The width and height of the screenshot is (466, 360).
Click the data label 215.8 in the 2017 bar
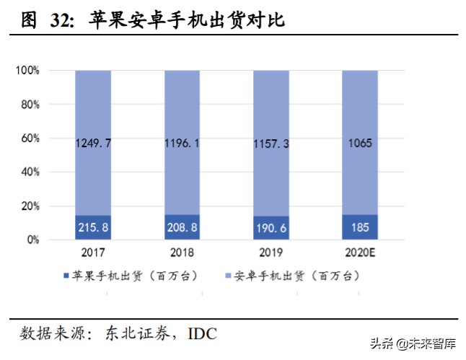click(x=94, y=228)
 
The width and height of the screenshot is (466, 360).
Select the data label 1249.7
click(x=94, y=144)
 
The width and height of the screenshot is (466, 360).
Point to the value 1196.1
click(x=183, y=144)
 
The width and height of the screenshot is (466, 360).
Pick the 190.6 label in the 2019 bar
click(x=271, y=228)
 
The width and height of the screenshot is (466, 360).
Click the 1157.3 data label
click(x=271, y=144)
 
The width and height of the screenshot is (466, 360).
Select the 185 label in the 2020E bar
click(x=359, y=228)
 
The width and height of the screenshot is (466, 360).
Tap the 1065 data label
click(x=359, y=144)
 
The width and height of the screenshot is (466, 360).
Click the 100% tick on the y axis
click(x=27, y=71)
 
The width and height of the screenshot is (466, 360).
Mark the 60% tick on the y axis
click(x=29, y=139)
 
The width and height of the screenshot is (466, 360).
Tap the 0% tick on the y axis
click(x=32, y=240)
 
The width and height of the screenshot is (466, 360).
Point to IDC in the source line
click(x=203, y=333)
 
